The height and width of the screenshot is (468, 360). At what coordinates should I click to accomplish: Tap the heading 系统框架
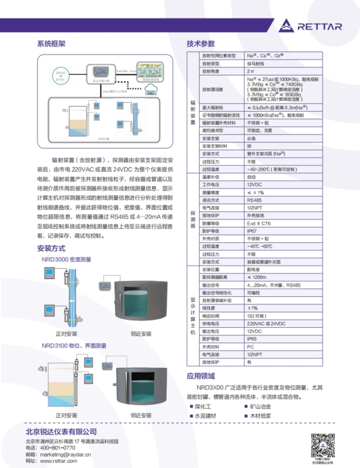pyautogui.click(x=51, y=44)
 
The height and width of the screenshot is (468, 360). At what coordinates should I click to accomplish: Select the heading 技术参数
pyautogui.click(x=202, y=44)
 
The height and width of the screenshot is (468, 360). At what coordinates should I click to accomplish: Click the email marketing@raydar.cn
pyautogui.click(x=66, y=454)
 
